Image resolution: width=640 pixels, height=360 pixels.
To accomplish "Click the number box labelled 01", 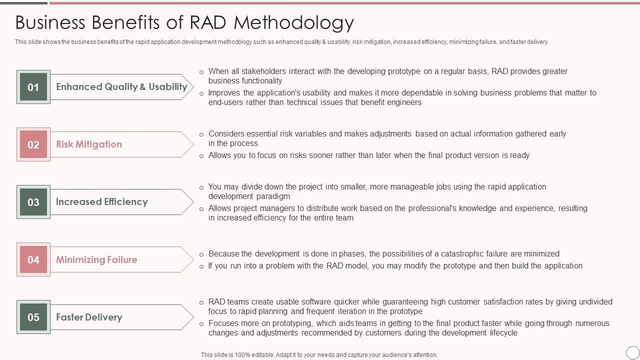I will point(33,87).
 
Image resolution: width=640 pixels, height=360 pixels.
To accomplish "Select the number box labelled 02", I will point(33,144).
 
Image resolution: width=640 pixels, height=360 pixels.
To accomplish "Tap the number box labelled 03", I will point(33,202).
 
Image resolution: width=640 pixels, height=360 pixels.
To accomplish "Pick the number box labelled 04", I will point(33,259).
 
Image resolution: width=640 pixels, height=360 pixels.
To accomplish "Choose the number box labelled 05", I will point(33,317).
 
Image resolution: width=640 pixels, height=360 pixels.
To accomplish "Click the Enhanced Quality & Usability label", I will point(121,86).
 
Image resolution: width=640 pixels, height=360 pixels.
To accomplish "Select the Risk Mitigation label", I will point(89,144).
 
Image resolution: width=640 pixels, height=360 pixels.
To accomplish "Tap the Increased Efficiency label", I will point(102,201).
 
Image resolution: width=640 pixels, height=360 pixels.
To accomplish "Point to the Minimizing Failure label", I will point(96,259).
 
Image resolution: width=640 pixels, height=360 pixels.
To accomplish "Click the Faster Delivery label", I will point(89,317).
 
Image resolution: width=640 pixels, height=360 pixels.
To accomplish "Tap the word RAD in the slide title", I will point(207,22).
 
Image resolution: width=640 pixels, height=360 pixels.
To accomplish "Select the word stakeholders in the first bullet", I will point(257,71).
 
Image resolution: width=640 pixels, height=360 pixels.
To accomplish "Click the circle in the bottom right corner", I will point(632,352).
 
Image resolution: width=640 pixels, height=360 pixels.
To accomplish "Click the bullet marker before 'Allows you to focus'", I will point(201,156).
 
